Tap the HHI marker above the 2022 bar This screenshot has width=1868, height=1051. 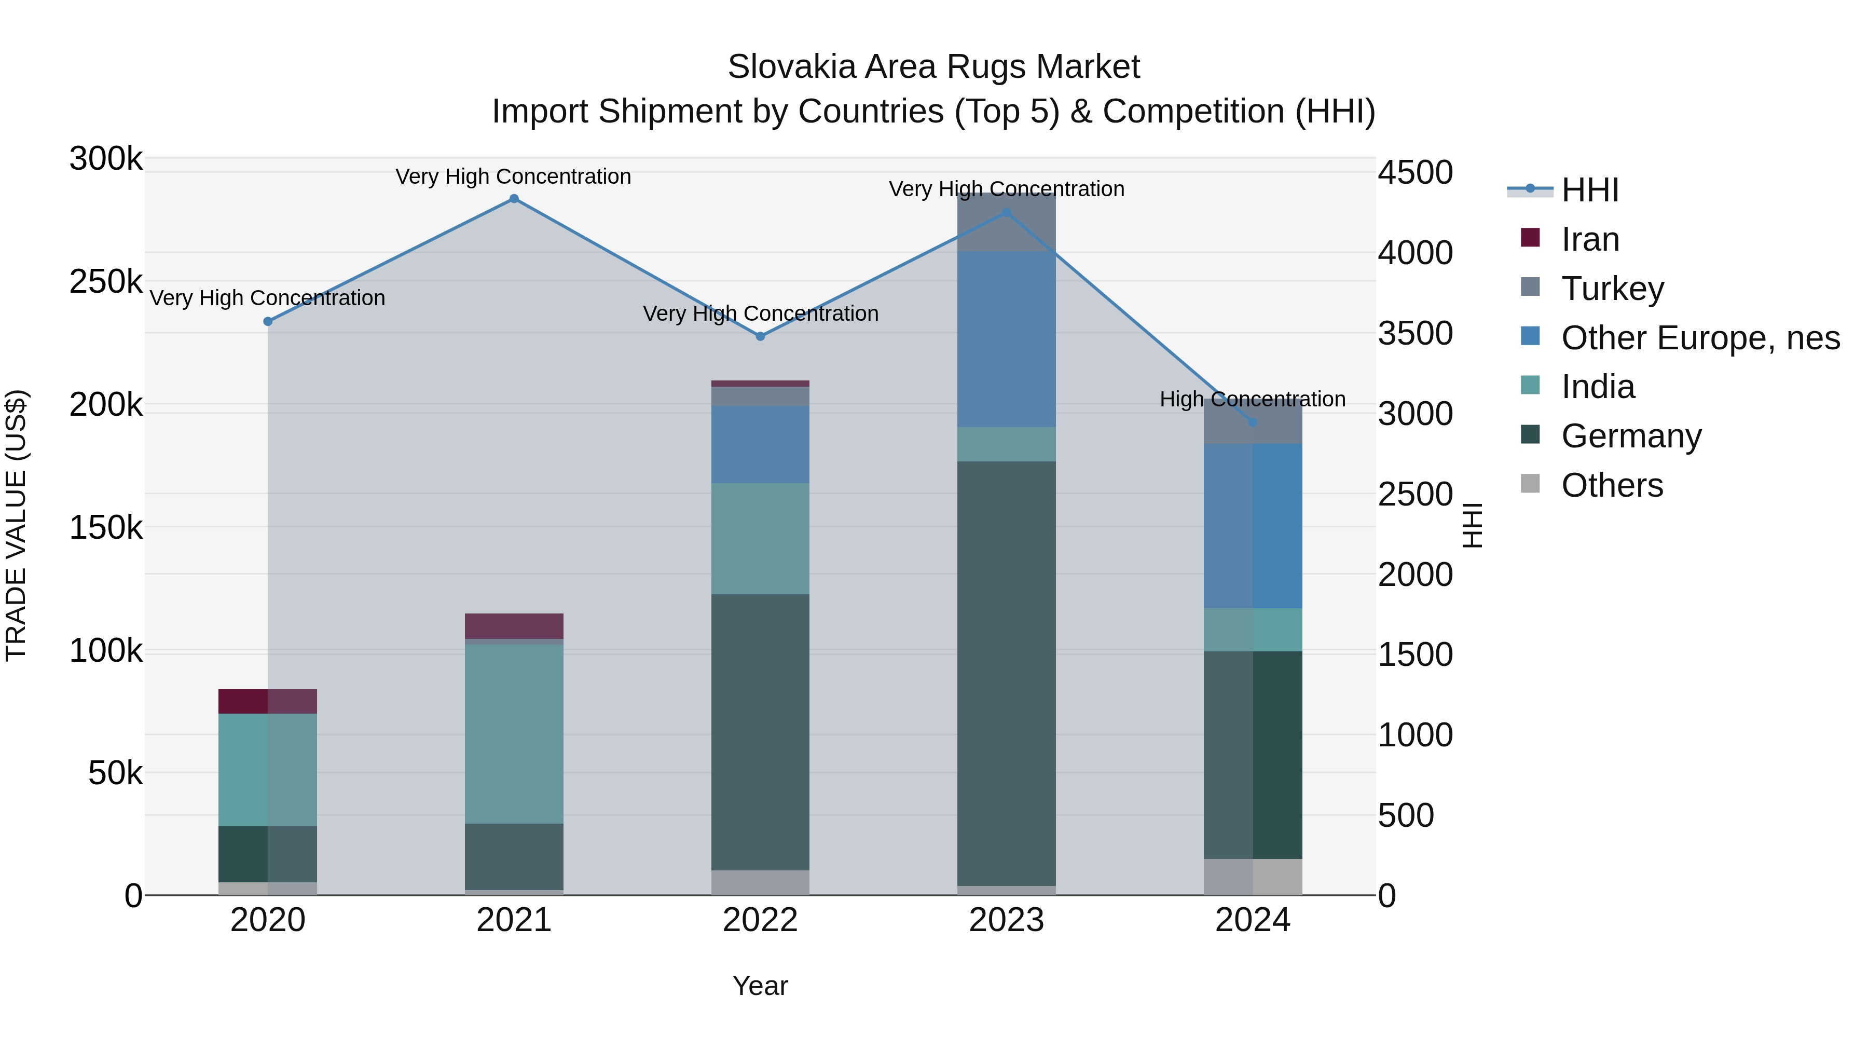(760, 336)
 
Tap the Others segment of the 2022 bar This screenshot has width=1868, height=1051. (760, 883)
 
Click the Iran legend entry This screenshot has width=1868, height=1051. (1589, 239)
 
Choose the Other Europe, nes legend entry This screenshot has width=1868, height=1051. (1700, 338)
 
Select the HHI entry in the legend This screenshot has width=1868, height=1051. (1589, 190)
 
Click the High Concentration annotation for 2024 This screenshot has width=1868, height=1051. (1253, 399)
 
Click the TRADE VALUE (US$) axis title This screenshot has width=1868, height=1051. (16, 526)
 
